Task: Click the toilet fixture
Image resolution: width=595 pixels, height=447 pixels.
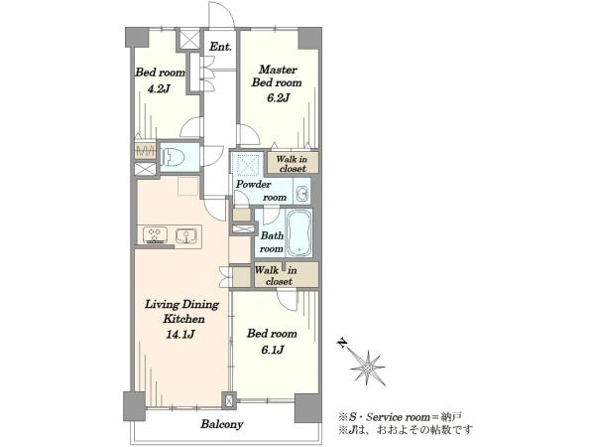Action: click(173, 157)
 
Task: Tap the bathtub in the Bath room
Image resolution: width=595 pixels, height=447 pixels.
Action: click(299, 232)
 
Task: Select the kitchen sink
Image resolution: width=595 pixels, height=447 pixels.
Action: click(186, 235)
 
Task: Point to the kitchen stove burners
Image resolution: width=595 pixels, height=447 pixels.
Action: click(155, 235)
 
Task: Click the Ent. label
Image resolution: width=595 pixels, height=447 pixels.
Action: click(220, 47)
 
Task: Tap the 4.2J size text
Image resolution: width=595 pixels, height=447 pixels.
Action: click(159, 89)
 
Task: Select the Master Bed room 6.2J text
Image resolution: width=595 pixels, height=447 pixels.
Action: click(277, 83)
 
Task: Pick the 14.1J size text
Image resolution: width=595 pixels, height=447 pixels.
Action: click(180, 335)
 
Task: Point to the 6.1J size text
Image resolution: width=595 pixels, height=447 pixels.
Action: click(272, 350)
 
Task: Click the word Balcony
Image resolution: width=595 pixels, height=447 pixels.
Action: click(222, 424)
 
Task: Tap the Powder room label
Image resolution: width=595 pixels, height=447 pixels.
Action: click(262, 191)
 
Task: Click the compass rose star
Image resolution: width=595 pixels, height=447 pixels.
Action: click(368, 368)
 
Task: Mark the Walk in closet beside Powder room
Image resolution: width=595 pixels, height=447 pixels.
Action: click(293, 164)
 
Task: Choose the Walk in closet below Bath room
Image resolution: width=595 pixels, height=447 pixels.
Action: click(286, 275)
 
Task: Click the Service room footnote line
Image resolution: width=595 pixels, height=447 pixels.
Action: click(401, 417)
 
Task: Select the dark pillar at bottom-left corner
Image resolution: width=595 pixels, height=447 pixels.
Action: click(134, 406)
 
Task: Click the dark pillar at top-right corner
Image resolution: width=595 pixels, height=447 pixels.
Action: click(309, 38)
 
